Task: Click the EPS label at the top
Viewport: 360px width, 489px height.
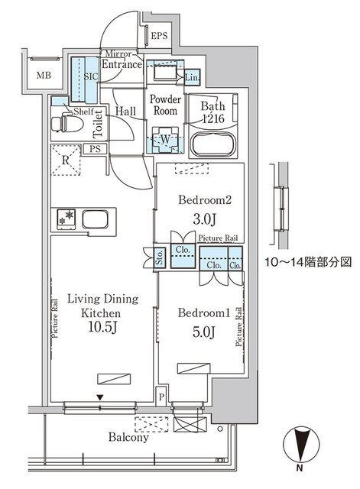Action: [x=159, y=36]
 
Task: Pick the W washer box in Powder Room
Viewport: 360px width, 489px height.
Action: [x=164, y=139]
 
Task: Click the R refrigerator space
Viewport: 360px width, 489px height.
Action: [x=67, y=160]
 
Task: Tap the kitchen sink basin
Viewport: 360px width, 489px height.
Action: [x=95, y=219]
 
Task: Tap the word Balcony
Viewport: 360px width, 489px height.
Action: [x=128, y=439]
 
